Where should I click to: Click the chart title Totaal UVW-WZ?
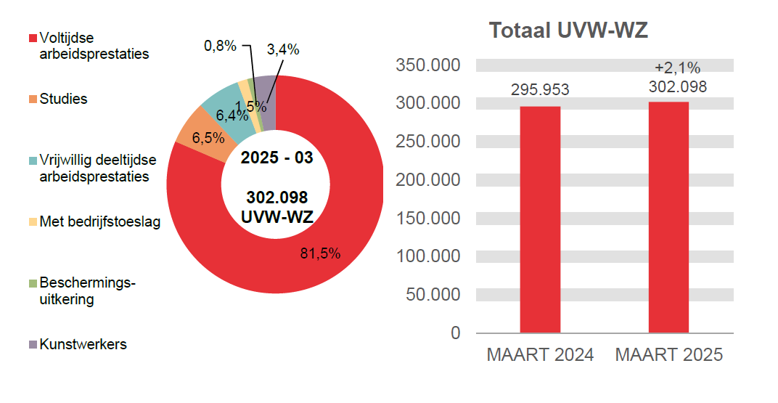tap(568, 31)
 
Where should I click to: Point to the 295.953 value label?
tap(540, 90)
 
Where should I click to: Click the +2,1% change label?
tap(677, 68)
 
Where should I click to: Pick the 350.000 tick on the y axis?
tap(428, 65)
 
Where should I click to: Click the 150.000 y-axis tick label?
tap(428, 218)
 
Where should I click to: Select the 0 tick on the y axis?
tap(455, 333)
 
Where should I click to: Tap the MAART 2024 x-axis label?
tap(540, 355)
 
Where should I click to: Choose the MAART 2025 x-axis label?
tap(668, 355)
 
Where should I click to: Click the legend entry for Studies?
tap(63, 99)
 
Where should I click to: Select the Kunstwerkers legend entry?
tap(83, 344)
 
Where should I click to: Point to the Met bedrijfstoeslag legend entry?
tap(99, 221)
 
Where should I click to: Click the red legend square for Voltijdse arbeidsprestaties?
tap(33, 38)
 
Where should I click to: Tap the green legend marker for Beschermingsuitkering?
tap(33, 282)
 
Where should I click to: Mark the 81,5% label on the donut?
tap(320, 253)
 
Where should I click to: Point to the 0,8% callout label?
tap(220, 46)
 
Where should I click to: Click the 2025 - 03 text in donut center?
tap(277, 158)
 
